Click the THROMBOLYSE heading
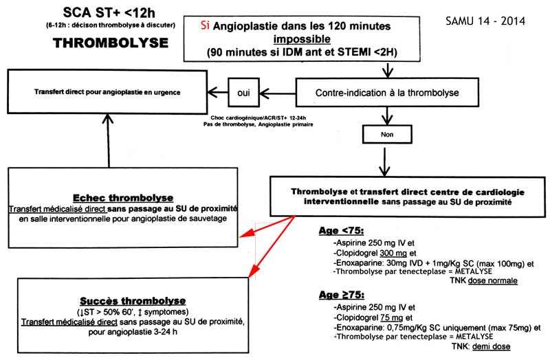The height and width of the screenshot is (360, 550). pos(111,43)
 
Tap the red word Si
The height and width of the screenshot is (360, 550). pos(205,25)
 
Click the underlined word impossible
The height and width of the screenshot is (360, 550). pos(302,38)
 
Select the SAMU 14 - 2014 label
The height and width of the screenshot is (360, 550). pos(485,21)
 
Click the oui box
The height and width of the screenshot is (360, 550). pos(244,93)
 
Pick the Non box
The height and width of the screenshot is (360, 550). pos(387,134)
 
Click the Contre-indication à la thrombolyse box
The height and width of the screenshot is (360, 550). pos(387,93)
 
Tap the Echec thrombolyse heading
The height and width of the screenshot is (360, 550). pos(123,198)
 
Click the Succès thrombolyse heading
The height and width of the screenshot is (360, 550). pos(133,301)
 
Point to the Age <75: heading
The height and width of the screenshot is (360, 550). pos(341,231)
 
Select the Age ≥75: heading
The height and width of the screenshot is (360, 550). pos(341,295)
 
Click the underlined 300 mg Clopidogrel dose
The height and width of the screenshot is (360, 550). pos(393,253)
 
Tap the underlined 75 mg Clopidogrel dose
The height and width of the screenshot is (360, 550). pos(391,317)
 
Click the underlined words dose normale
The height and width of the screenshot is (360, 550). pos(493,280)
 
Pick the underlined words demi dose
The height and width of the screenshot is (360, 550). pos(491,346)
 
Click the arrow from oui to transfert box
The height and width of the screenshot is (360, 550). pos(217,93)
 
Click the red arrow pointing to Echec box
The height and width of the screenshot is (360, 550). pos(267,227)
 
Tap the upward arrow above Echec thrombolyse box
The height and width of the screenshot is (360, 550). pos(108,140)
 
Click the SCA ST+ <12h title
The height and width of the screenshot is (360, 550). pos(109,12)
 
